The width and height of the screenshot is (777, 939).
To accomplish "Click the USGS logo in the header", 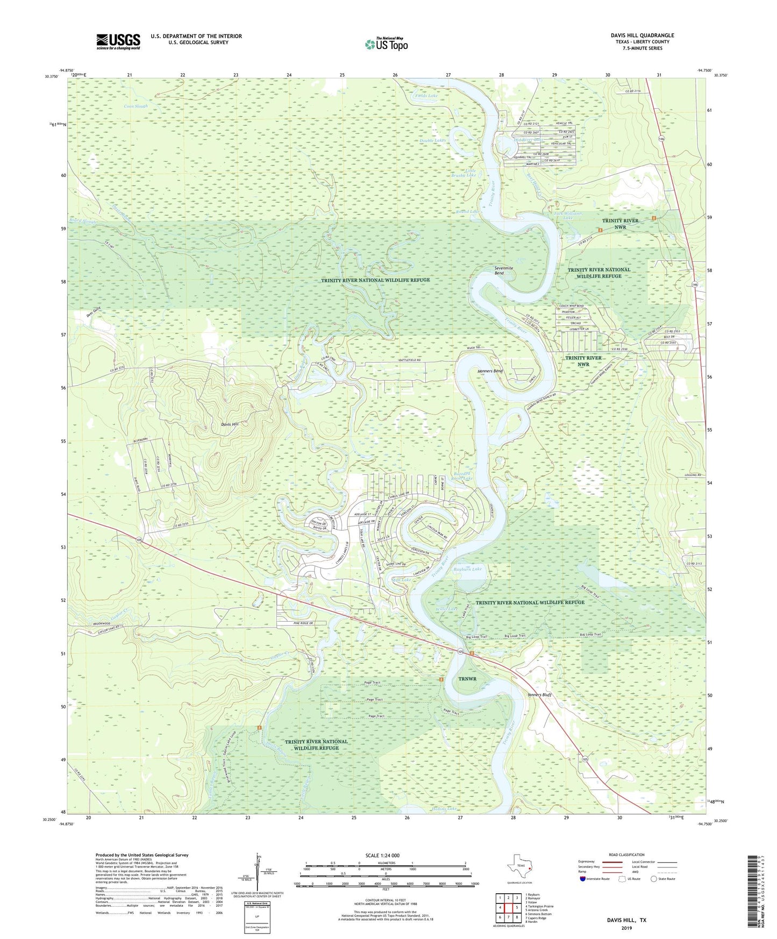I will click(x=118, y=41).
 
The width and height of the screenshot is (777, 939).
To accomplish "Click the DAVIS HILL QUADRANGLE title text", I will click(x=642, y=35).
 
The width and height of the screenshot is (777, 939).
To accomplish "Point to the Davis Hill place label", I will click(x=230, y=424).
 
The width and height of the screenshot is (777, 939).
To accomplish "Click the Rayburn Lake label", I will click(x=468, y=569).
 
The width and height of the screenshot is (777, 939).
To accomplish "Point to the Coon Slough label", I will click(x=136, y=106).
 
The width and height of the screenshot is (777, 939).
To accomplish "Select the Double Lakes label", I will click(x=433, y=140).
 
